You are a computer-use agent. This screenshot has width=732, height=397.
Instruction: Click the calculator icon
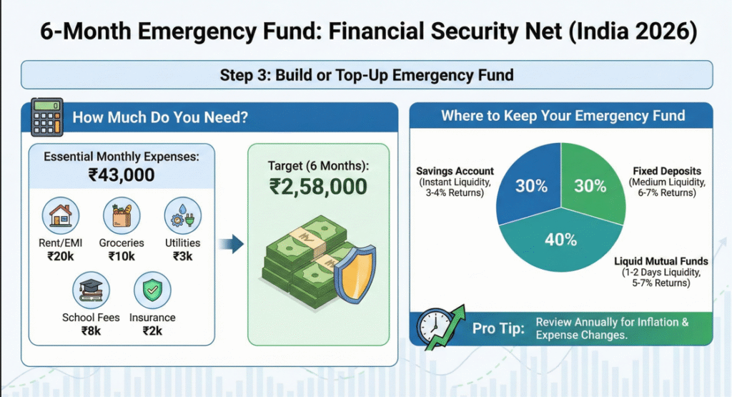(47, 117)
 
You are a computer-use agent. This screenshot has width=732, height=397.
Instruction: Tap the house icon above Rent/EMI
(61, 215)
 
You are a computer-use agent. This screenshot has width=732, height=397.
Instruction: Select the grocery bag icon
(122, 215)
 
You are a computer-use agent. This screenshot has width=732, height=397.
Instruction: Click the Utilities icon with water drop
(182, 215)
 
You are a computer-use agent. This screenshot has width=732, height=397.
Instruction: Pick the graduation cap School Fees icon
(91, 290)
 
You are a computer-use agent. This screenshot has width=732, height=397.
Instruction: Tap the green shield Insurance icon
(152, 290)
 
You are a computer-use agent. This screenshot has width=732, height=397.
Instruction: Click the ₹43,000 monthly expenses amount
(122, 175)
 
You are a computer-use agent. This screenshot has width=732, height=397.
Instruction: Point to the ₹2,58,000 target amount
(318, 187)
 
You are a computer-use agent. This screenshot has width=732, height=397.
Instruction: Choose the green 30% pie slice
(592, 185)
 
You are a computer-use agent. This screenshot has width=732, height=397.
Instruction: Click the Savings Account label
(455, 172)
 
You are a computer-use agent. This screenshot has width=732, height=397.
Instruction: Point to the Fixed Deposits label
(667, 172)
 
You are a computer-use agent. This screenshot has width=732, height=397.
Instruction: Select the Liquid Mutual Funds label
(661, 261)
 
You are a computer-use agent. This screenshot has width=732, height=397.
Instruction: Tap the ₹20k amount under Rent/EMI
(61, 256)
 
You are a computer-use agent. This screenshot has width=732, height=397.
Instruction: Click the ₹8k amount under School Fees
(91, 331)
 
